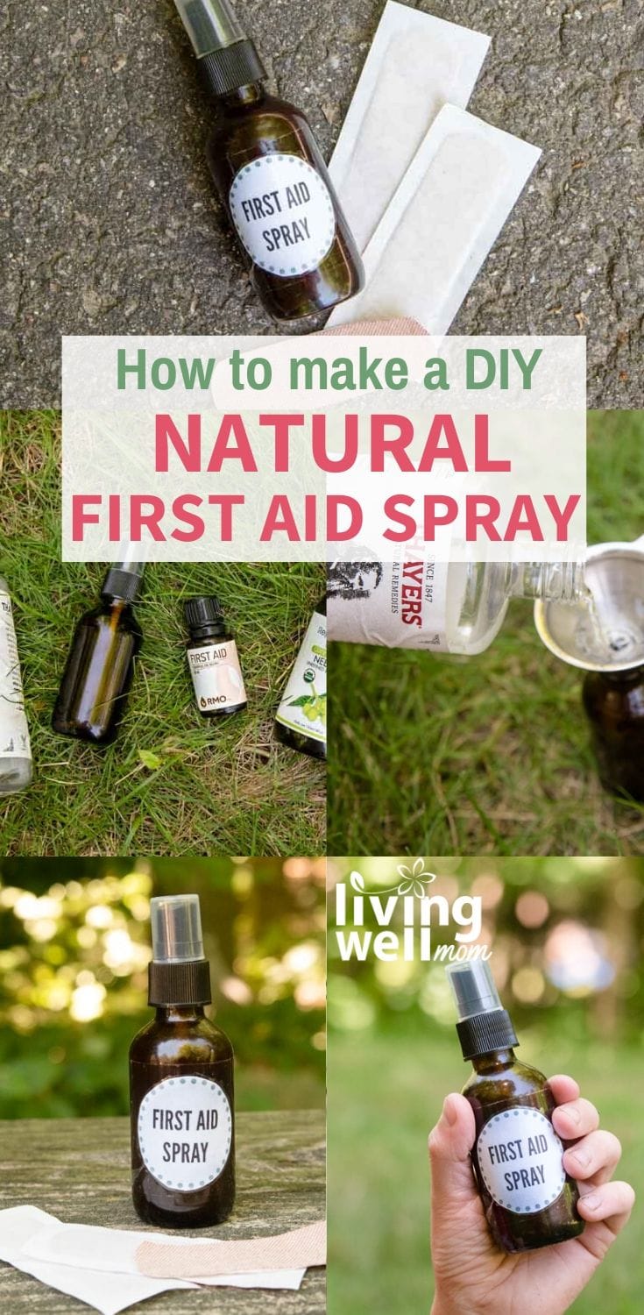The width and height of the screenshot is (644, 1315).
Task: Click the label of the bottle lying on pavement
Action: [282, 214]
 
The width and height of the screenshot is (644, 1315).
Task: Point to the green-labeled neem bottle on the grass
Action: [301, 684]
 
